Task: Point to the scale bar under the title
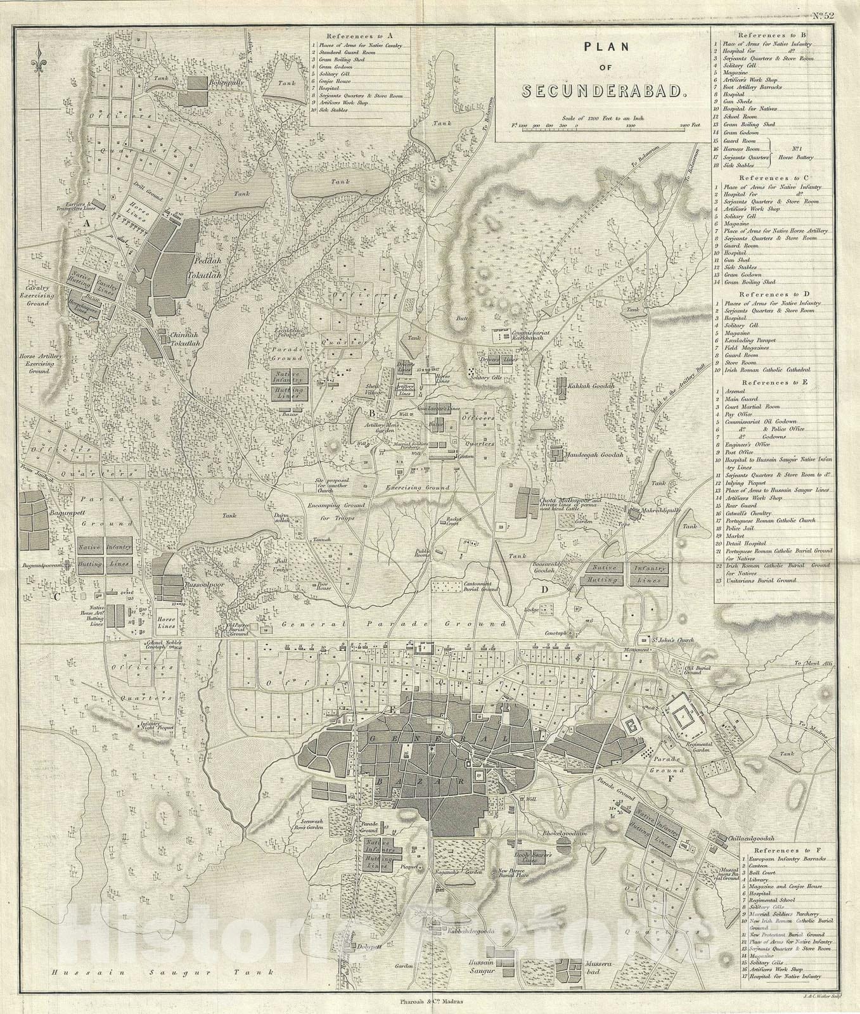[x=608, y=125]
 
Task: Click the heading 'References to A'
[x=361, y=36]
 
